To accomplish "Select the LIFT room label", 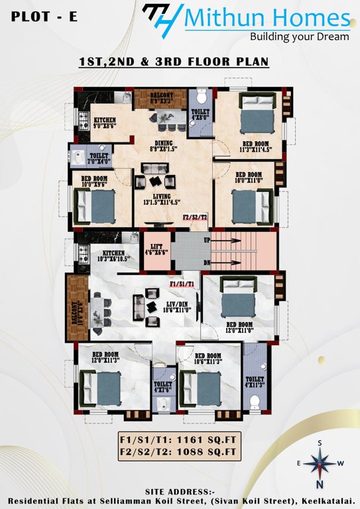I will [158, 249].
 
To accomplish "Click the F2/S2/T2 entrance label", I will [195, 217].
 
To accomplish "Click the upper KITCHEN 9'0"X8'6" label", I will [105, 123].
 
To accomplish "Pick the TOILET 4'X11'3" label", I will [255, 380].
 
